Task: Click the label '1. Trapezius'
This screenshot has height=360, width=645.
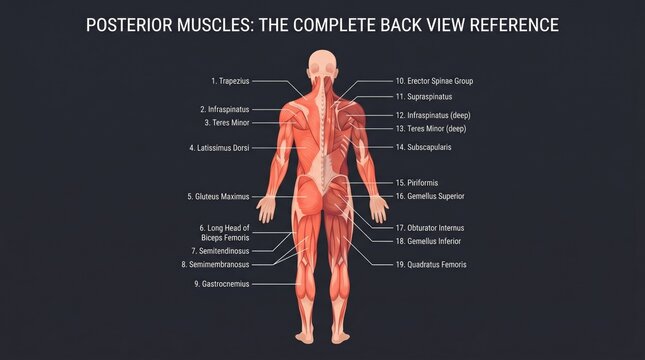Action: pyautogui.click(x=230, y=81)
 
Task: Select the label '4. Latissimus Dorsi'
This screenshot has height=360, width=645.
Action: pyautogui.click(x=219, y=148)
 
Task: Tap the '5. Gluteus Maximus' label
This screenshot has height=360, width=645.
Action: pyautogui.click(x=218, y=197)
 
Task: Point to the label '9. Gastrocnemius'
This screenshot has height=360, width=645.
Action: pyautogui.click(x=222, y=284)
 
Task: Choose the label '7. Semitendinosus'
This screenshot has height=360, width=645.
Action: pyautogui.click(x=220, y=251)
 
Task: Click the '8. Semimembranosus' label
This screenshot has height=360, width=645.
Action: pyautogui.click(x=216, y=265)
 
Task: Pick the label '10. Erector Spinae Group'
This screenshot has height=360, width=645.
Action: pyautogui.click(x=434, y=81)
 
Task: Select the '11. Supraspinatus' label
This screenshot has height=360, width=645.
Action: pyautogui.click(x=424, y=97)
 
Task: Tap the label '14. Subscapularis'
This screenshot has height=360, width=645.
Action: pyautogui.click(x=423, y=147)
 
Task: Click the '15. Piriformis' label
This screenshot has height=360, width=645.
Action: pyautogui.click(x=417, y=183)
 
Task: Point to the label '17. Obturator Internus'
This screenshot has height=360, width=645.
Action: pyautogui.click(x=430, y=228)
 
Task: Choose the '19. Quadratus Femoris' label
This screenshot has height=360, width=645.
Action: pyautogui.click(x=431, y=265)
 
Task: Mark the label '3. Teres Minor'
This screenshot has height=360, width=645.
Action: pyautogui.click(x=227, y=123)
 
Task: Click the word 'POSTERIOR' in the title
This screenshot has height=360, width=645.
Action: pyautogui.click(x=129, y=25)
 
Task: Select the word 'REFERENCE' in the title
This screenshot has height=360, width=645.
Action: pyautogui.click(x=514, y=25)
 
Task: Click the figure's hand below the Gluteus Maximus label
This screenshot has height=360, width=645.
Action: pyautogui.click(x=266, y=209)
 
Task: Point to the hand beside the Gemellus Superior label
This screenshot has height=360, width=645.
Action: pyautogui.click(x=379, y=209)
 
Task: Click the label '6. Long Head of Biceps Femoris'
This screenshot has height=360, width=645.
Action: pyautogui.click(x=225, y=233)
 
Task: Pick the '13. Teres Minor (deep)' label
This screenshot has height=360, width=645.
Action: pyautogui.click(x=431, y=129)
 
